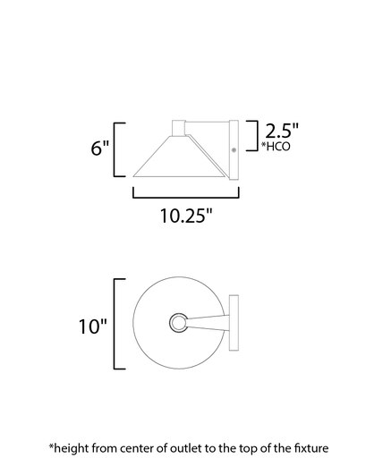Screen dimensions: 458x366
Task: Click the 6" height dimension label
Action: pos(99,148)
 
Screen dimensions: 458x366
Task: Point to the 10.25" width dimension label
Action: pos(184,216)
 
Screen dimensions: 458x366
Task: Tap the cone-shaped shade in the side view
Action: pos(175,157)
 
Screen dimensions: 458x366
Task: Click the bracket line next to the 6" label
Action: pos(117,148)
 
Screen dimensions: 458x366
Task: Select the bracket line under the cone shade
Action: pos(184,194)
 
